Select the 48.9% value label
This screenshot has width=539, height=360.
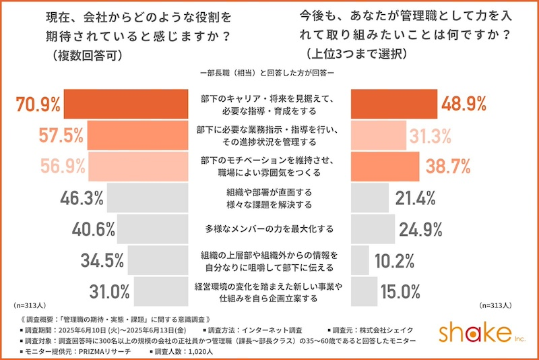coord(464,104)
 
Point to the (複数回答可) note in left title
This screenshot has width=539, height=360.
coord(87,57)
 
